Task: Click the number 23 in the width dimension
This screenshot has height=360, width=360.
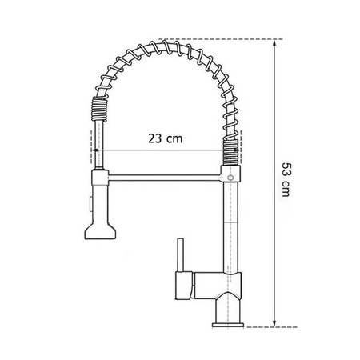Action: [156, 138]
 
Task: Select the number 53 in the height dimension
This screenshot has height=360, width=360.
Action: [287, 171]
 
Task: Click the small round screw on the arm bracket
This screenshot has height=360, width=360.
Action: [230, 173]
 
